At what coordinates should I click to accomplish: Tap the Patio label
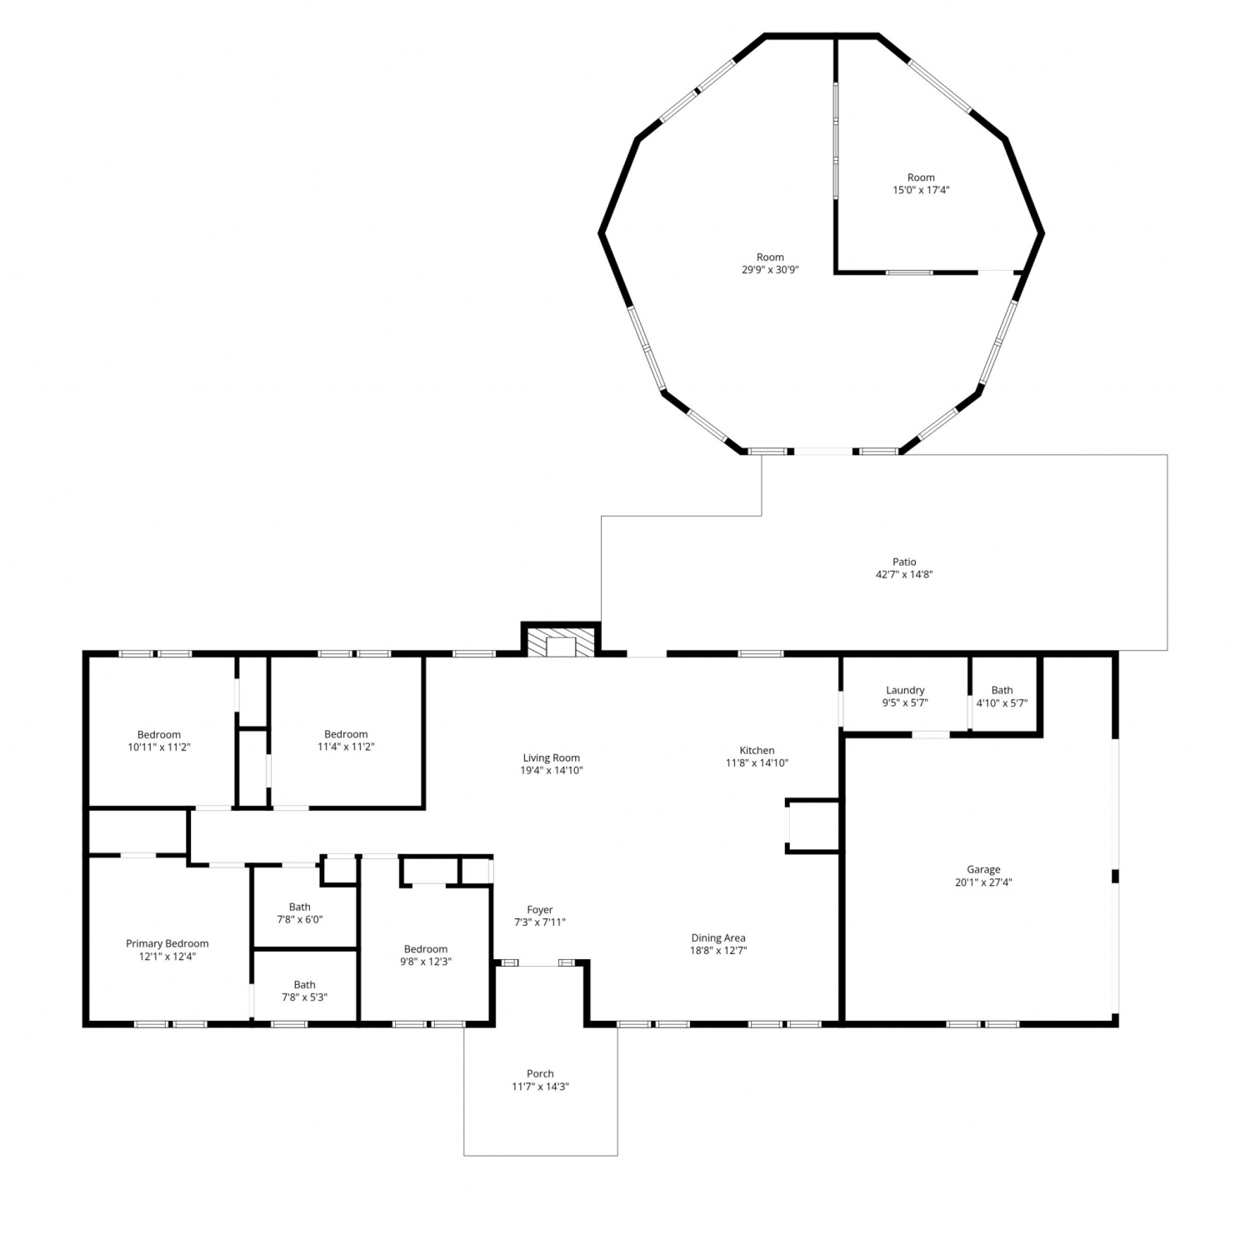[x=904, y=562]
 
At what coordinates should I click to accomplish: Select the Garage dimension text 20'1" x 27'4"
[x=983, y=882]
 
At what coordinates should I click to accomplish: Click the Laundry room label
[x=905, y=690]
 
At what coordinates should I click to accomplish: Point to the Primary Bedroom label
[x=167, y=943]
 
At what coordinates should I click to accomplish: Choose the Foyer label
[x=540, y=910]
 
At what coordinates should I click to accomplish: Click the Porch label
[x=540, y=1073]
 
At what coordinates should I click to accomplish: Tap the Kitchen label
[x=757, y=750]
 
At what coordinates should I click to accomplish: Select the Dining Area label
[x=717, y=937]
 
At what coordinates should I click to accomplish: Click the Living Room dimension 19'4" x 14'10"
[x=552, y=771]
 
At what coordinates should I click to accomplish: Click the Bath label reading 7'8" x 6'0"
[x=300, y=913]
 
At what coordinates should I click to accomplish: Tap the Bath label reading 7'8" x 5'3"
[x=305, y=991]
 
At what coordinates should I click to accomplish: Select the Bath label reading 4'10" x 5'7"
[x=1002, y=697]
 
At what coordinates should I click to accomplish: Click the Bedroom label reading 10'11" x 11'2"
[x=159, y=741]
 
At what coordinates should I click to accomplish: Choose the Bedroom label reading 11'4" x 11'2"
[x=346, y=741]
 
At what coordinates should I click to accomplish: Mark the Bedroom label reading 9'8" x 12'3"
[x=426, y=955]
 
